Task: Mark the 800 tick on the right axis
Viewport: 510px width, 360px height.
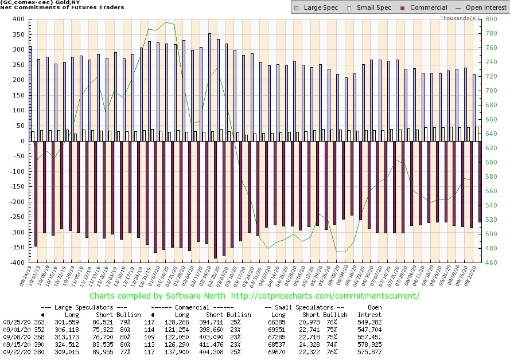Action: tap(491, 19)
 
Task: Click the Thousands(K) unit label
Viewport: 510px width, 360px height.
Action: tap(460, 18)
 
